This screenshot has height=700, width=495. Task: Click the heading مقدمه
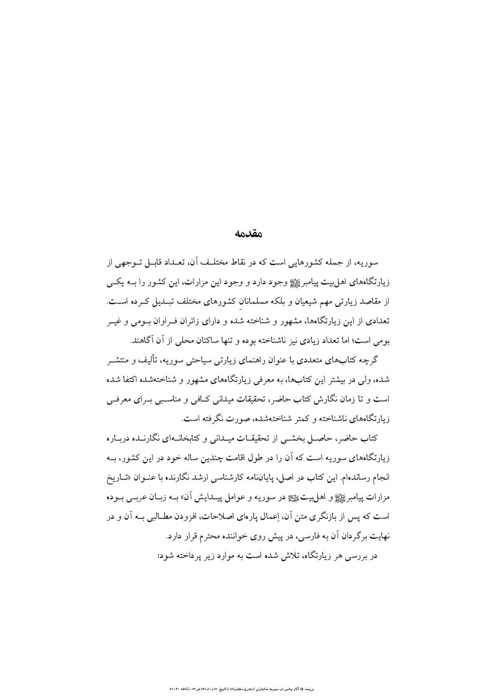click(x=248, y=234)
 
